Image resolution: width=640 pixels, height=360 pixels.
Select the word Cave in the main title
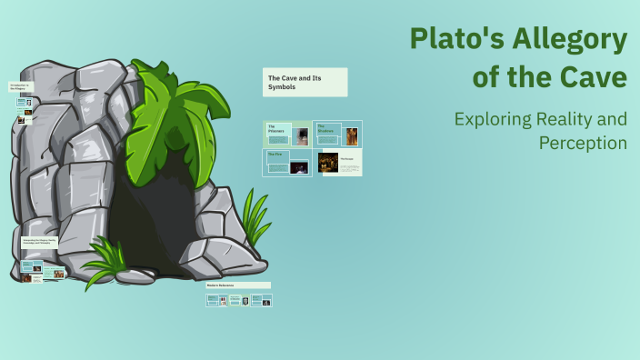pyautogui.click(x=594, y=78)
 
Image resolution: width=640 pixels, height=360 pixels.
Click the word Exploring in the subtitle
pyautogui.click(x=494, y=119)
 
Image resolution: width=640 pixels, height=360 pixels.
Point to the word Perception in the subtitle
pyautogui.click(x=583, y=143)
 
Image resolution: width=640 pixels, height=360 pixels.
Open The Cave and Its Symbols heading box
pyautogui.click(x=305, y=83)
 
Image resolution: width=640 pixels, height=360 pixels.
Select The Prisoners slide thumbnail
pyautogui.click(x=287, y=134)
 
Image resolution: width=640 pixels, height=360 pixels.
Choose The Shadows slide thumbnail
pyautogui.click(x=337, y=135)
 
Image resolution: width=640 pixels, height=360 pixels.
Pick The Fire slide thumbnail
pyautogui.click(x=287, y=163)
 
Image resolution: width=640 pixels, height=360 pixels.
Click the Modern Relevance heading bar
pyautogui.click(x=238, y=285)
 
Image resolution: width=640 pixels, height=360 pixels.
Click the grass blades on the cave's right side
pyautogui.click(x=255, y=218)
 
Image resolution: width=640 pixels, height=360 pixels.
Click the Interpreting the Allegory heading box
pyautogui.click(x=40, y=243)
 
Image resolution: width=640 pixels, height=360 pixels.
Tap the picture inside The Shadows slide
pyautogui.click(x=351, y=136)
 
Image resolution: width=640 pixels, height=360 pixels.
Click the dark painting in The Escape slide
pyautogui.click(x=328, y=163)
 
